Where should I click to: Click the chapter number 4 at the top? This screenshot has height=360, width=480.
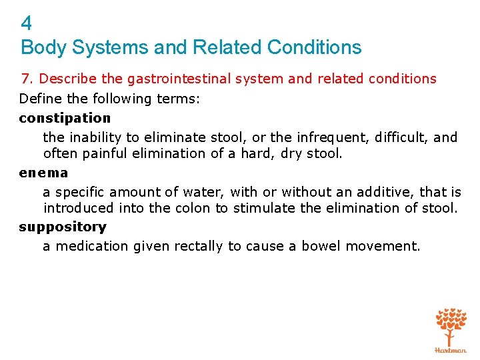(x=26, y=24)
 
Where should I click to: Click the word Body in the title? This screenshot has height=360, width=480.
(x=39, y=48)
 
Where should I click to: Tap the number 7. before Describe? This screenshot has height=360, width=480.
(x=27, y=79)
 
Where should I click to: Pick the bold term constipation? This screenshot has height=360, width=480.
(x=65, y=118)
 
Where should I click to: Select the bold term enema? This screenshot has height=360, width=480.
(x=43, y=173)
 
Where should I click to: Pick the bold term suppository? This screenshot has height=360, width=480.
(x=63, y=227)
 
